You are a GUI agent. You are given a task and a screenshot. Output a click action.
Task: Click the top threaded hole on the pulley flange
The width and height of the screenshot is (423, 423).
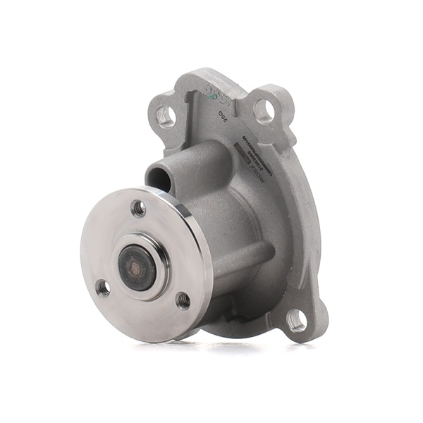coord(139,208)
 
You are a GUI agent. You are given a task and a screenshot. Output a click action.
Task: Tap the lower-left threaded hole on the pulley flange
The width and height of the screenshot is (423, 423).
coord(103,287)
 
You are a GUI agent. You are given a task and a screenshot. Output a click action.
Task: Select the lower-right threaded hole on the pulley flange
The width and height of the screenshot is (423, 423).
coord(183,300)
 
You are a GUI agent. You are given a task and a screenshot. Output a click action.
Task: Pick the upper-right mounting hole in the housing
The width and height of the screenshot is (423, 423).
coord(263,110)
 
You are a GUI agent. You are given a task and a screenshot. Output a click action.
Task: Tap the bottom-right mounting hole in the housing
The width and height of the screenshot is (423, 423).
coord(297,321)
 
